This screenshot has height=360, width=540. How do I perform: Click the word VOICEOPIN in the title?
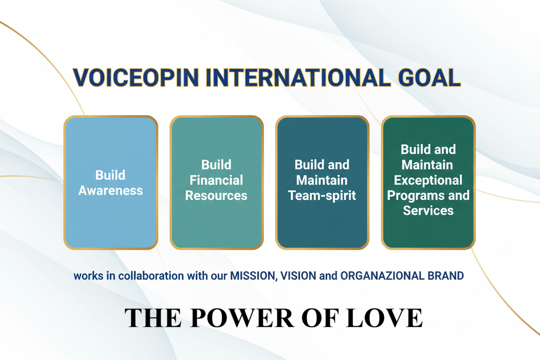pyautogui.click(x=136, y=77)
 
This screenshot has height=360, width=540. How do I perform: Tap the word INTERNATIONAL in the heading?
pyautogui.click(x=298, y=77)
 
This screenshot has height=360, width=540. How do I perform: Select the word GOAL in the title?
pyautogui.click(x=429, y=77)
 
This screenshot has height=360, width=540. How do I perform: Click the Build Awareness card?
pyautogui.click(x=111, y=183)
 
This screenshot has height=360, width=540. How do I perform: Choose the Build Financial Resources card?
pyautogui.click(x=216, y=183)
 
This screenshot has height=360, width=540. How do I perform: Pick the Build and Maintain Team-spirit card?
pyautogui.click(x=322, y=183)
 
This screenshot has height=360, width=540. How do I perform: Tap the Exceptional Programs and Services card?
pyautogui.click(x=428, y=183)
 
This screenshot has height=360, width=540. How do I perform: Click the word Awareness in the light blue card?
pyautogui.click(x=111, y=190)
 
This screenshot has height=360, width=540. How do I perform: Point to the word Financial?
pyautogui.click(x=216, y=180)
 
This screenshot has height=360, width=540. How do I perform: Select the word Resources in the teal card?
pyautogui.click(x=216, y=195)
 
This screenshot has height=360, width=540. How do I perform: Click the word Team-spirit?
pyautogui.click(x=322, y=196)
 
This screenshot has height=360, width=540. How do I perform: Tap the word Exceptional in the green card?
pyautogui.click(x=428, y=180)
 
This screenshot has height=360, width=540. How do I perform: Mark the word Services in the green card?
pyautogui.click(x=428, y=210)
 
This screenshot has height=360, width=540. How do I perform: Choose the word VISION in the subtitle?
pyautogui.click(x=298, y=276)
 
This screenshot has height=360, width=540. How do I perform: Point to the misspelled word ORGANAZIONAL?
pyautogui.click(x=382, y=276)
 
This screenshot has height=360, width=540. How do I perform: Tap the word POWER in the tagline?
pyautogui.click(x=242, y=318)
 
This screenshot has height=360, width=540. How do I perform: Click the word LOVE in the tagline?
pyautogui.click(x=384, y=318)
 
